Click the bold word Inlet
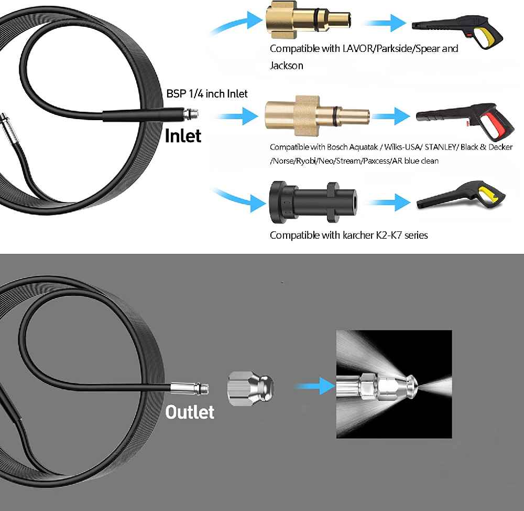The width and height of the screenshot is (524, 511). (x=183, y=136)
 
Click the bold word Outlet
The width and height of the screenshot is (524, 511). (x=190, y=412)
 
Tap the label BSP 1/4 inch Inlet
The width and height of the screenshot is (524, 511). (x=207, y=94)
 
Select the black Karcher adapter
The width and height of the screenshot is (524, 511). (x=313, y=202)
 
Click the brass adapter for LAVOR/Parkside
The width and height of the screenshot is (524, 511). (x=308, y=20)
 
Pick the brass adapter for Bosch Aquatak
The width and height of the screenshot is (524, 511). (x=317, y=116)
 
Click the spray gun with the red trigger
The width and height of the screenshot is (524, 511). (x=465, y=120)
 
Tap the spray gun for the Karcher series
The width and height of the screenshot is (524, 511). (x=461, y=195)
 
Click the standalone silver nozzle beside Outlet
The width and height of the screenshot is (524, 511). (x=250, y=389)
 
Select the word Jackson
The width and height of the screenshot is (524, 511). (x=287, y=66)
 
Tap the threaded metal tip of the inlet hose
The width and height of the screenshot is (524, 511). (x=191, y=114)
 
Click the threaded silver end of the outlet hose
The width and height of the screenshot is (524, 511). (x=190, y=389)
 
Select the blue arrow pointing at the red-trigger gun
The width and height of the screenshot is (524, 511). (x=391, y=116)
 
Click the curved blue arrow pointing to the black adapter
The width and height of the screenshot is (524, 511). (x=239, y=199)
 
